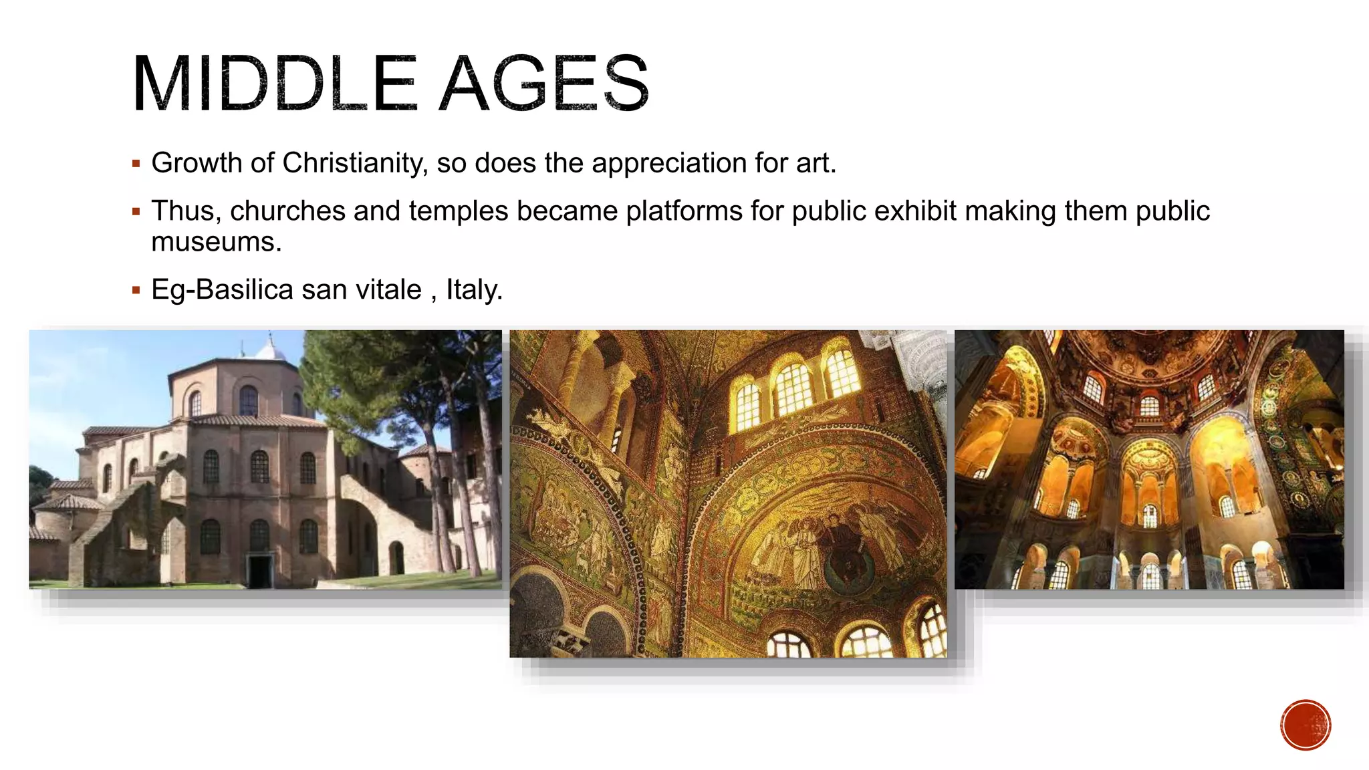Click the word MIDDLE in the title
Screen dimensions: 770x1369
pyautogui.click(x=275, y=84)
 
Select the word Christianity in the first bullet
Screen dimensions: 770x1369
pyautogui.click(x=355, y=163)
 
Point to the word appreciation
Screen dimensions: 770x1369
pyautogui.click(x=668, y=163)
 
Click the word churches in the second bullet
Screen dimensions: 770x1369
pyautogui.click(x=287, y=211)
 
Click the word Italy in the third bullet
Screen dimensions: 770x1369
pyautogui.click(x=473, y=290)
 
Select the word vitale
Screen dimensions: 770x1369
pyautogui.click(x=388, y=290)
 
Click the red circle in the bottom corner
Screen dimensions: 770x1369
pyautogui.click(x=1305, y=725)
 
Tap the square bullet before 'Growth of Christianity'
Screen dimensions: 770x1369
pyautogui.click(x=136, y=164)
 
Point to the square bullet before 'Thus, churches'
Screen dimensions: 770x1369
pyautogui.click(x=136, y=212)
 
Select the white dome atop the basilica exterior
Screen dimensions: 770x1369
pyautogui.click(x=269, y=349)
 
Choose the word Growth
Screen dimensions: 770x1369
pyautogui.click(x=197, y=163)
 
